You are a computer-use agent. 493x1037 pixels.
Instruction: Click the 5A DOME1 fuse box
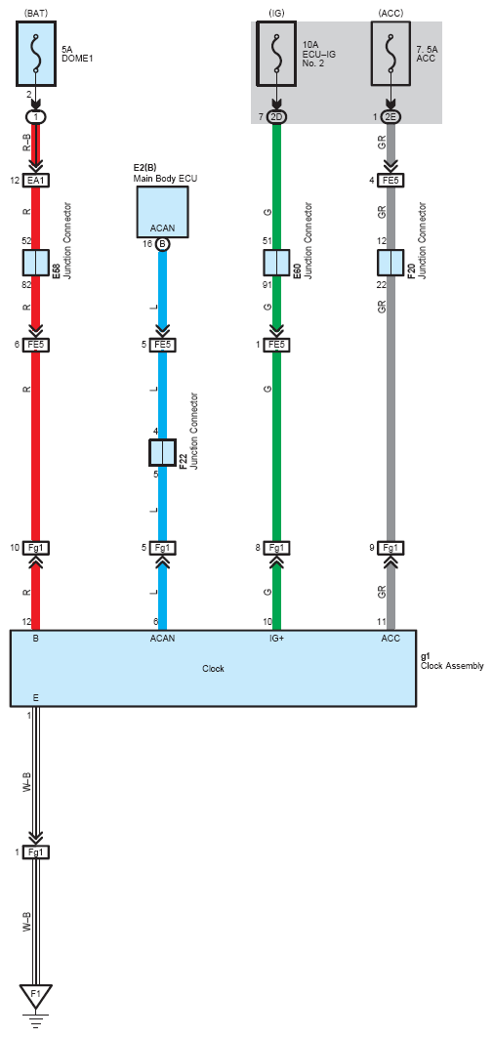(36, 54)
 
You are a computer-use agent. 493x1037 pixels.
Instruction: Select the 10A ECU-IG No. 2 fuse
(277, 54)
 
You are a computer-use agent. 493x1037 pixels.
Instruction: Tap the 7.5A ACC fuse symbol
(391, 54)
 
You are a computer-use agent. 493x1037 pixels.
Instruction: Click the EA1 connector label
(36, 180)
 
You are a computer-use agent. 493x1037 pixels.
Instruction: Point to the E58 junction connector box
(36, 263)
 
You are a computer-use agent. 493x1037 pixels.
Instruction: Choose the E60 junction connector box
(277, 263)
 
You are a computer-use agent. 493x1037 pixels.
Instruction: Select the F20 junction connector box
(391, 263)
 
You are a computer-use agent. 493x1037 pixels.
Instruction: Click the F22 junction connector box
(163, 452)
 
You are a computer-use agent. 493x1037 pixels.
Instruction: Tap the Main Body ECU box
(163, 212)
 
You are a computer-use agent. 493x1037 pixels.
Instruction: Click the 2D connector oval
(277, 116)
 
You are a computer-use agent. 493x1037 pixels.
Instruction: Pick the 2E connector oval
(391, 116)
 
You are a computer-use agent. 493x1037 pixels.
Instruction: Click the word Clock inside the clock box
(214, 669)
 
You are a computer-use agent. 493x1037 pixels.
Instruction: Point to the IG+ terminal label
(276, 640)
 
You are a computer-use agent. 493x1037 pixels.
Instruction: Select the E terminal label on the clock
(36, 698)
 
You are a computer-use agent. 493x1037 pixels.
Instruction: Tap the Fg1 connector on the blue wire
(163, 548)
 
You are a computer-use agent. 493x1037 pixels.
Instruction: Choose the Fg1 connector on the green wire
(277, 548)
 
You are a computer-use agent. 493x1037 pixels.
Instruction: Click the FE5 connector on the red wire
(36, 345)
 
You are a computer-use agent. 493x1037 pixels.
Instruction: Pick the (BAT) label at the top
(36, 12)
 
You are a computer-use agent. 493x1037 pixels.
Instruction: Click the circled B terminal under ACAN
(163, 244)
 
